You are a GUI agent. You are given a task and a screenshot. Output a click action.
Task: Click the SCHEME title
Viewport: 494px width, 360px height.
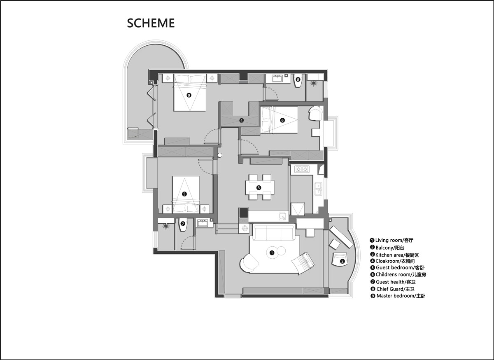(151, 23)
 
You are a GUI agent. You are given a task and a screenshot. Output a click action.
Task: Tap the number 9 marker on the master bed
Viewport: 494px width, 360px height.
(189, 95)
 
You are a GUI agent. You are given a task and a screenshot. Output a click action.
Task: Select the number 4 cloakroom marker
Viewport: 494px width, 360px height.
(242, 121)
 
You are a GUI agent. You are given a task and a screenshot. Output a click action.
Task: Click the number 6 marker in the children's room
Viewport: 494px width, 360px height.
(282, 120)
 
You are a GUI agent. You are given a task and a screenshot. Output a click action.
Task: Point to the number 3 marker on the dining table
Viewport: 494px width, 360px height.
(259, 188)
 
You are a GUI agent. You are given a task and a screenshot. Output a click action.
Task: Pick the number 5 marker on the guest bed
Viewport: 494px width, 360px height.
(184, 194)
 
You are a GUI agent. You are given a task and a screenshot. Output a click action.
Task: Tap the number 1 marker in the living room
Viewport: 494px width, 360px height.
(272, 253)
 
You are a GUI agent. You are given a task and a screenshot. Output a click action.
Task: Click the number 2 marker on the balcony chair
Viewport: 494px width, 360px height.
(342, 262)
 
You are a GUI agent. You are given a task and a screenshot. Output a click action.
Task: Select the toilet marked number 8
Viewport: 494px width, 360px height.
(298, 81)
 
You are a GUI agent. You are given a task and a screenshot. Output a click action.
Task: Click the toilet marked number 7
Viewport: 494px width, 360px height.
(183, 225)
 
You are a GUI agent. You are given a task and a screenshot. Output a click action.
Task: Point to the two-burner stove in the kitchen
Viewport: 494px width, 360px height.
(302, 169)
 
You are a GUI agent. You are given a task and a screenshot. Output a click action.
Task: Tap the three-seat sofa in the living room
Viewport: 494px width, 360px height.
(274, 233)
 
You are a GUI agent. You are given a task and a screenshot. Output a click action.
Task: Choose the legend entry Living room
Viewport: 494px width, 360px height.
(391, 240)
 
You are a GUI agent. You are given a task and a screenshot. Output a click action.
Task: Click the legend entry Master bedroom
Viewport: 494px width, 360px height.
(398, 296)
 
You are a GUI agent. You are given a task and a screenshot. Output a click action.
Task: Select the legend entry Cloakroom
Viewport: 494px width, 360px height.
(392, 261)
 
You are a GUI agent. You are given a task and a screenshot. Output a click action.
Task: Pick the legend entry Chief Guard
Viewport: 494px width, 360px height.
(393, 289)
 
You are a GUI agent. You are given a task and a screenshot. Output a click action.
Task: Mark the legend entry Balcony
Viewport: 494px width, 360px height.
(387, 248)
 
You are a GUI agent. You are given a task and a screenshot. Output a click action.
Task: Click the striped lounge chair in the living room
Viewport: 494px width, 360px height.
(303, 263)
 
